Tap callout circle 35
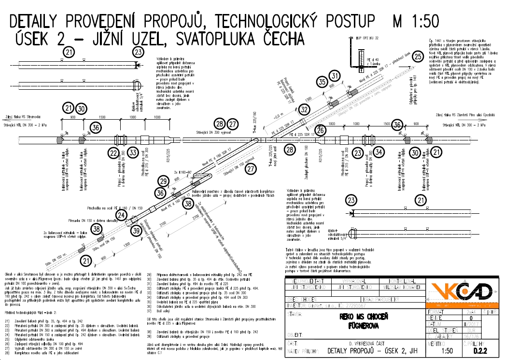pos(322,83)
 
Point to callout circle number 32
pos(304,110)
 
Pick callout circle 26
pos(322,129)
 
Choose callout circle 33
pos(134,153)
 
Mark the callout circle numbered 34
pos(379,153)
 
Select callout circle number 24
pos(121,215)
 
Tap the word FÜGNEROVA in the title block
pos(358,326)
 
